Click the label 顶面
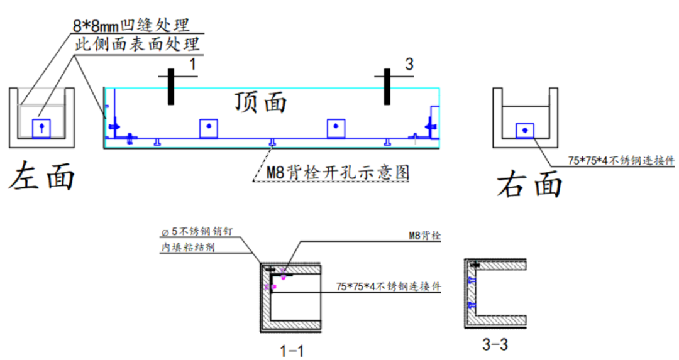pos(260,102)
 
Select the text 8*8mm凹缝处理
pos(131,26)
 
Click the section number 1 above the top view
pos(193,64)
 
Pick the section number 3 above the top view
pos(409,64)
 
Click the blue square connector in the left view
pos(41,128)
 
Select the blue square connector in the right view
pos(524,130)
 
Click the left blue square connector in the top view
pos(209,128)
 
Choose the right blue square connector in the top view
pos(336,128)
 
